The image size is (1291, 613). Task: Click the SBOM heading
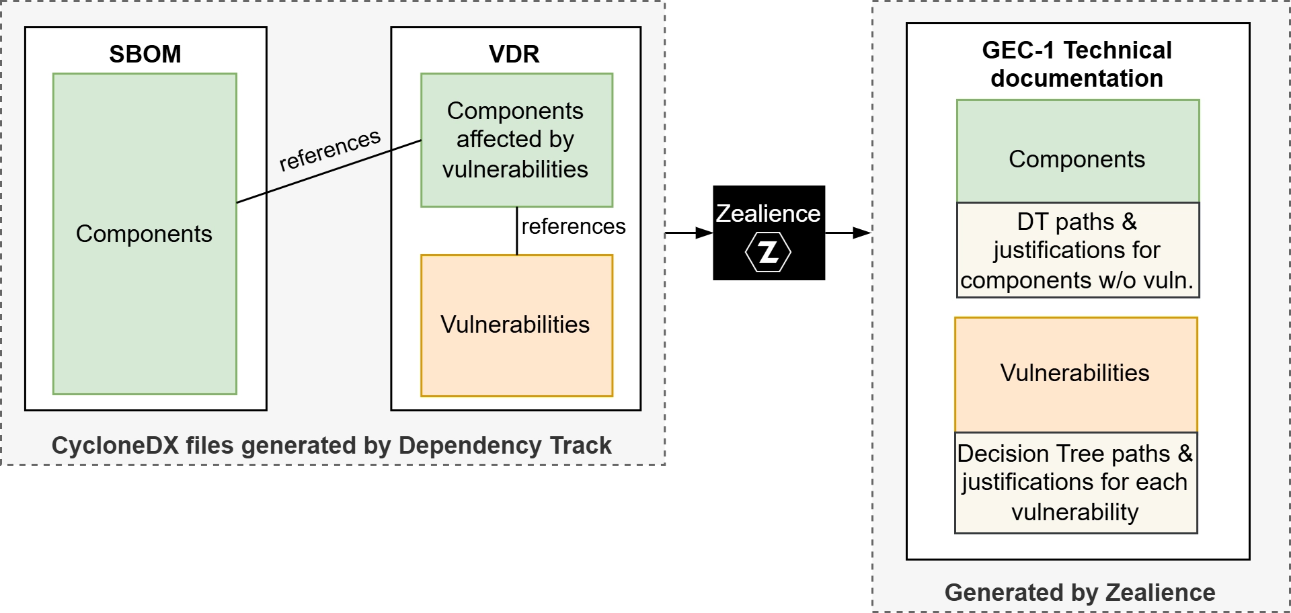(x=145, y=54)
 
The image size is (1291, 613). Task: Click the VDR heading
(x=514, y=54)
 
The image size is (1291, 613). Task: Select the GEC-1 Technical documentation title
(x=1077, y=64)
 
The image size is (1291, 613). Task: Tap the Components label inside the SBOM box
(x=144, y=233)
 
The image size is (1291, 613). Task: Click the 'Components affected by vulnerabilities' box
(x=516, y=140)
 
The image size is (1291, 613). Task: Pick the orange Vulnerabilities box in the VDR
(x=516, y=325)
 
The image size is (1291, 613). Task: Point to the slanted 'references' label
(x=329, y=150)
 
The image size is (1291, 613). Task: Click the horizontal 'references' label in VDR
(x=573, y=227)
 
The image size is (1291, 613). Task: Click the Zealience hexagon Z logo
(x=768, y=252)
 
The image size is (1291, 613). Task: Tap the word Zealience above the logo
(x=768, y=214)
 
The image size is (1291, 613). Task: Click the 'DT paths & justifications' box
(x=1077, y=250)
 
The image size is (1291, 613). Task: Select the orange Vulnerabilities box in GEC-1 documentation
(x=1075, y=374)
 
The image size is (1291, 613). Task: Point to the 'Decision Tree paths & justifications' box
(x=1075, y=483)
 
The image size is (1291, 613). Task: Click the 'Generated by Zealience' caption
(x=1080, y=592)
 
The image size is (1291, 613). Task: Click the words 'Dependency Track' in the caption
(x=505, y=446)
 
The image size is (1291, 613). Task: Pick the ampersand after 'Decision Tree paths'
(x=1185, y=454)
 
